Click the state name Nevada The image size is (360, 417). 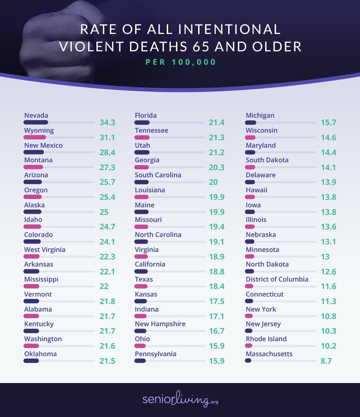[x=36, y=115]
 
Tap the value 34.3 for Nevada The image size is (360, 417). [x=107, y=123]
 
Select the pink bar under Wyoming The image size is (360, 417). [x=35, y=137]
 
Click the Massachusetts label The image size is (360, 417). [x=269, y=354]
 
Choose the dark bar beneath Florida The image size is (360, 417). [x=142, y=122]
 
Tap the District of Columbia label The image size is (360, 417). [x=277, y=279]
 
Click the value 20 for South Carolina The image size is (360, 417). [x=213, y=182]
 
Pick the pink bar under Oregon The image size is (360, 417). [x=32, y=197]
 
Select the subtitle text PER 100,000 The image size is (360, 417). [x=181, y=62]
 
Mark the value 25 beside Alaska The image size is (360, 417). [x=104, y=212]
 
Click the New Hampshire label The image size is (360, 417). [x=160, y=324]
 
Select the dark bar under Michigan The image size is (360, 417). [x=251, y=122]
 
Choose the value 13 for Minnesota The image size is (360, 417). [x=325, y=257]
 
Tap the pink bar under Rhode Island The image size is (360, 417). [x=249, y=346]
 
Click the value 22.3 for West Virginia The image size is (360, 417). [x=107, y=257]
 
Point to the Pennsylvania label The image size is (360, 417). [x=156, y=354]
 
